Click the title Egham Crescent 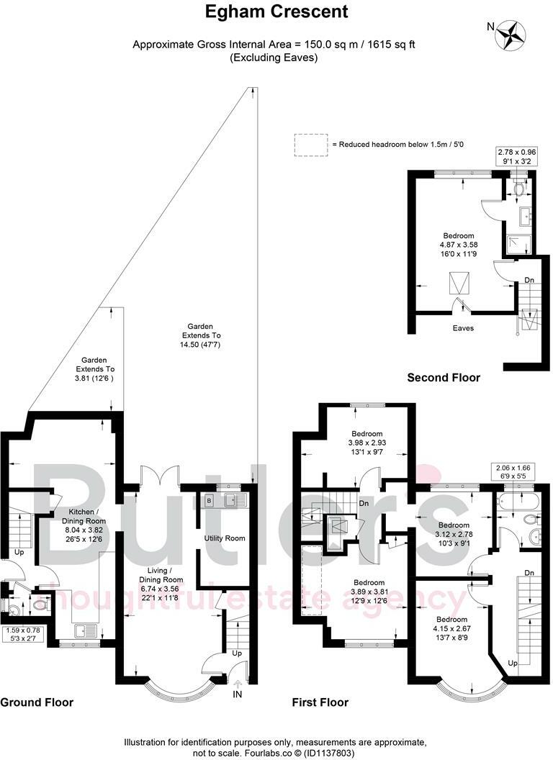276,12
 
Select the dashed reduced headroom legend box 310,145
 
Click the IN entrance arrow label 237,694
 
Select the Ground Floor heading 37,702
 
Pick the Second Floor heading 444,377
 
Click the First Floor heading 320,702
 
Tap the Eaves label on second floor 462,328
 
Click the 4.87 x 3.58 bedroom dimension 458,245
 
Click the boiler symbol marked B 210,499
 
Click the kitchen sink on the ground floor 85,631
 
